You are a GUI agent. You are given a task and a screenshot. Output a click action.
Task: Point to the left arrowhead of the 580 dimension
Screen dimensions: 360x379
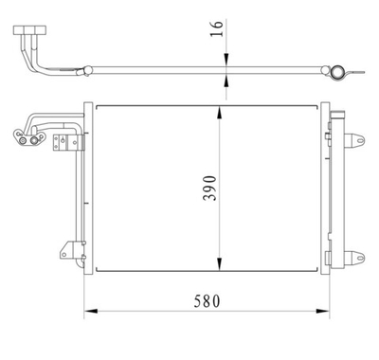[x=89, y=311]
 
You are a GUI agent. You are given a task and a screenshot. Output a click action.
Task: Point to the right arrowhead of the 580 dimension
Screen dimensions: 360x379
[x=326, y=311]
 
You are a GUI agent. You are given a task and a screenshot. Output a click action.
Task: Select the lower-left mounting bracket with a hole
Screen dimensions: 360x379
[x=65, y=250]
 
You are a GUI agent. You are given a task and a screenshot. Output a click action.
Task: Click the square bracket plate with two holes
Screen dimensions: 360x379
[x=65, y=142]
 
